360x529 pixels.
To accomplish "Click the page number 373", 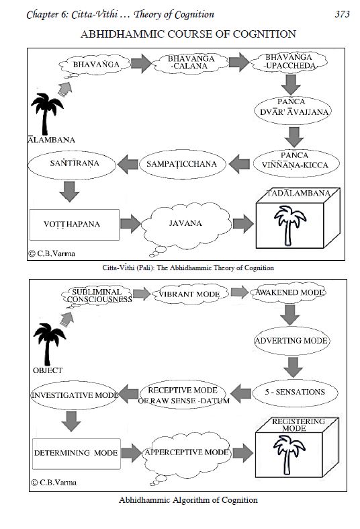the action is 342,14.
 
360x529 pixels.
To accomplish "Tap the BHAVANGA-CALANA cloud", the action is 191,63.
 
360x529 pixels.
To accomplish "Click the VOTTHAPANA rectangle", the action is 75,225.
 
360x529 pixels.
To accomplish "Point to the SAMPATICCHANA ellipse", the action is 183,164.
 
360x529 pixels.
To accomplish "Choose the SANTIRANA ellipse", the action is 72,164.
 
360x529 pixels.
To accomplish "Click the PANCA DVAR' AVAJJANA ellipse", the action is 293,111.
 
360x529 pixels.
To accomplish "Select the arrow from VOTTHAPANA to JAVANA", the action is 130,223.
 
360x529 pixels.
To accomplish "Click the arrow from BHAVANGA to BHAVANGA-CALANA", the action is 141,63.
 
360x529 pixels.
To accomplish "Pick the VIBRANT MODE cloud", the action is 190,294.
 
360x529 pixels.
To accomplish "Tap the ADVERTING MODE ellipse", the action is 291,341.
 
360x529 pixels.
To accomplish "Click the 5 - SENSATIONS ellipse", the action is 295,392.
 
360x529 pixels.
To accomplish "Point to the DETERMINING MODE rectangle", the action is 77,454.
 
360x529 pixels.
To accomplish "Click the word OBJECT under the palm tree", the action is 48,370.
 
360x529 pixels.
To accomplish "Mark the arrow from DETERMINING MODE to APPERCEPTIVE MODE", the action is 132,453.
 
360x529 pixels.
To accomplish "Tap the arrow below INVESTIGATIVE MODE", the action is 71,421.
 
